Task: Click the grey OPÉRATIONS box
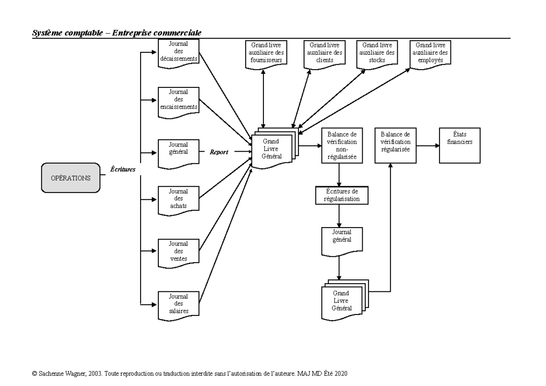click(71, 178)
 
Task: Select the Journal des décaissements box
click(178, 54)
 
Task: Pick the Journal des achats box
click(178, 199)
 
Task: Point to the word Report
click(219, 152)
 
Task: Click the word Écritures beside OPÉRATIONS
click(123, 168)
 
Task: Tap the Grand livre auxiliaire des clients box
click(324, 54)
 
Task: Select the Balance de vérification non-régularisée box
click(341, 145)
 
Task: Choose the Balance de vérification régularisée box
click(395, 145)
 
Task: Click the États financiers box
click(460, 145)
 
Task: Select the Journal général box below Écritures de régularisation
click(342, 241)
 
